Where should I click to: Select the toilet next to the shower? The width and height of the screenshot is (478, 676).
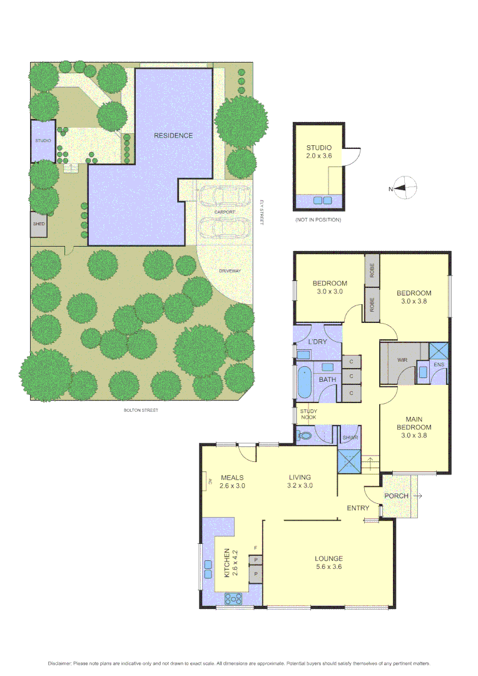[307, 435]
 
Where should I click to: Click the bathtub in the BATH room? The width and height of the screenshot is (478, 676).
[304, 382]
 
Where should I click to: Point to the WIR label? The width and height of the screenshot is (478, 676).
[403, 361]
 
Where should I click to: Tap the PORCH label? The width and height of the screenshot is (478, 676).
[397, 496]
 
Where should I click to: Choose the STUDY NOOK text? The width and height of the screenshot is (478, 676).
[308, 414]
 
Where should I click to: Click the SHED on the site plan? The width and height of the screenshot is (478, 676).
[39, 224]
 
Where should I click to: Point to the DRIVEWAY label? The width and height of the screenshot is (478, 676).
[230, 270]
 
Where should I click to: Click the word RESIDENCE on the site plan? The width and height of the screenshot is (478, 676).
[173, 135]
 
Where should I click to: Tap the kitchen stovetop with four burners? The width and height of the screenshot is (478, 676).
[234, 599]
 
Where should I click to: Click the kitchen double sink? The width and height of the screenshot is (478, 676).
[208, 568]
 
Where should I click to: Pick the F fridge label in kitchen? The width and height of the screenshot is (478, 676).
[255, 548]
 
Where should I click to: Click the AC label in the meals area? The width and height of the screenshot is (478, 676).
[210, 482]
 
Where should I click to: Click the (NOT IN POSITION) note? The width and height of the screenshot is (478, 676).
[318, 220]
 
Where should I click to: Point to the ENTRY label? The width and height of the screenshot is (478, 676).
[358, 508]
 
